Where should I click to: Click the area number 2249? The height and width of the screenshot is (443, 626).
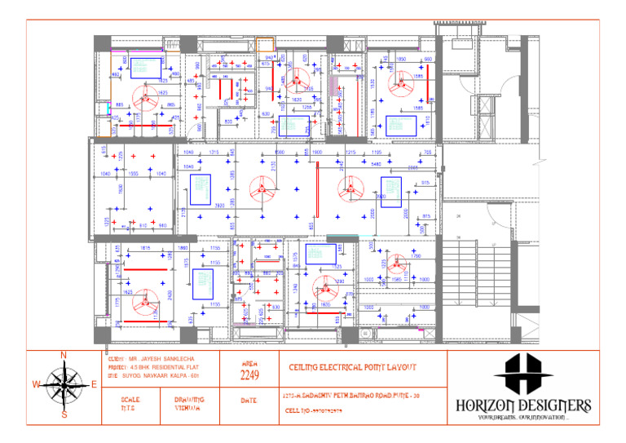point(249,376)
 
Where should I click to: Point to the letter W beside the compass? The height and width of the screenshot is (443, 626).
point(36,384)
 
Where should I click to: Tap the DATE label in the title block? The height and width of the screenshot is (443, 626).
point(249,401)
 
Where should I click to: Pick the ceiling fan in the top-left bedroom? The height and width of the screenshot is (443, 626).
point(146,100)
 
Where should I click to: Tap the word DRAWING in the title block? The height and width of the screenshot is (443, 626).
point(189,400)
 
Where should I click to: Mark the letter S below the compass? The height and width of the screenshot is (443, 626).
point(64,414)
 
